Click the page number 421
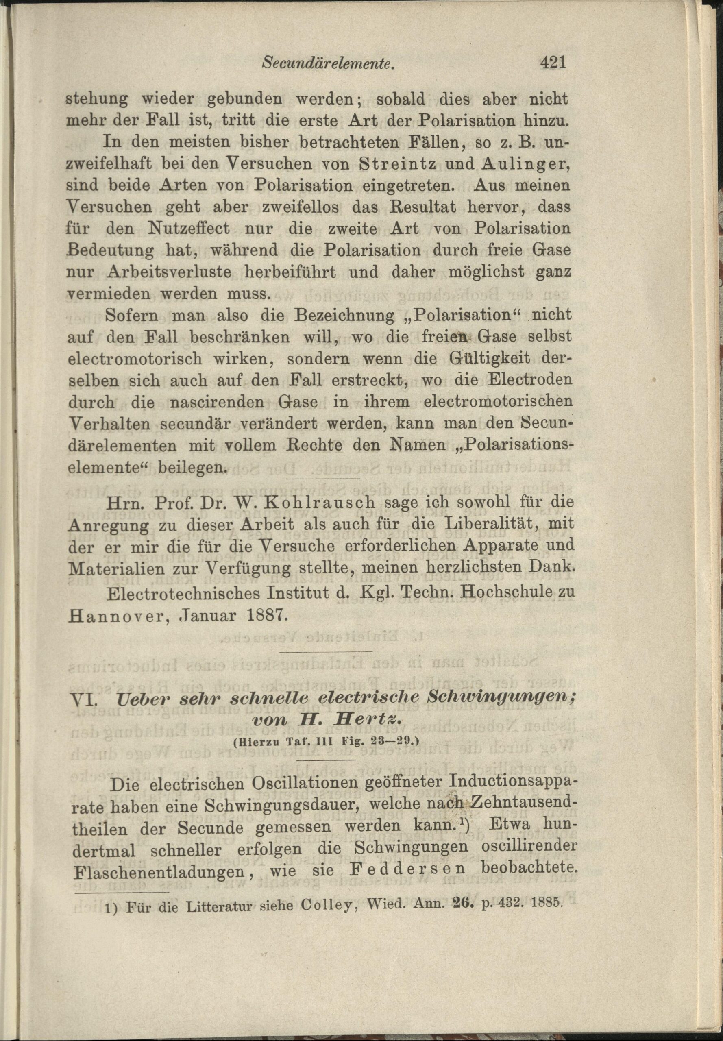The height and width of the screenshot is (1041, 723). point(553,63)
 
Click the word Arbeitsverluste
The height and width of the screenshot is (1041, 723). point(170,273)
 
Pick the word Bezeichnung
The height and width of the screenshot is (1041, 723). point(344,316)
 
